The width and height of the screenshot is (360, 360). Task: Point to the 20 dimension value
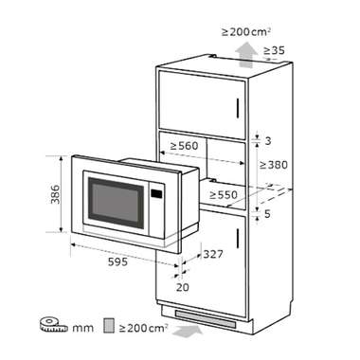[182, 287]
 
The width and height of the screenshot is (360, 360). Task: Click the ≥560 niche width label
[187, 147]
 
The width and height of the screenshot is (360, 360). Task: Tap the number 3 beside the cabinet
[269, 140]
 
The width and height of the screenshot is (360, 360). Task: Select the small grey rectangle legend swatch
[109, 327]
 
